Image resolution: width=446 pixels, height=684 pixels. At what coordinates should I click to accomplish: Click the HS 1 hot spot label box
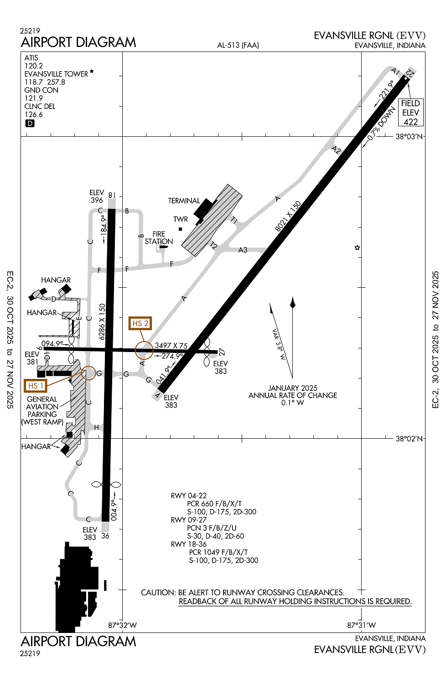(x=36, y=386)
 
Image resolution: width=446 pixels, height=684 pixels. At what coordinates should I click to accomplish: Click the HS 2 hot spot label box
(x=140, y=323)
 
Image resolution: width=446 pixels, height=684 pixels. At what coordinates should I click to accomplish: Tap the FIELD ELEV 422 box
(x=410, y=112)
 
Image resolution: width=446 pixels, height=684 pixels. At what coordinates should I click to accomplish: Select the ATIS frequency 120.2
(x=34, y=66)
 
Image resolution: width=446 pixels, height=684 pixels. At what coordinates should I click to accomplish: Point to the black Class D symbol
(x=30, y=124)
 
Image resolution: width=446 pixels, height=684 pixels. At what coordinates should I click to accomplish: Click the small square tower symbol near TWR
(x=180, y=229)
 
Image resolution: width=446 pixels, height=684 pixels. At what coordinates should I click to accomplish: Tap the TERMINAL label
(x=184, y=201)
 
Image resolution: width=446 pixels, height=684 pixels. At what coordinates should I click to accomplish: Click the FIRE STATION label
(x=159, y=238)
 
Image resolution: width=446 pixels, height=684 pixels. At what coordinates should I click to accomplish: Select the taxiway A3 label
(x=243, y=250)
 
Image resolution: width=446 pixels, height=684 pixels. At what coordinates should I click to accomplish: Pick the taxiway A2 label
(x=336, y=150)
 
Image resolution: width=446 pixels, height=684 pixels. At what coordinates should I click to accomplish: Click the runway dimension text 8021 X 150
(x=288, y=216)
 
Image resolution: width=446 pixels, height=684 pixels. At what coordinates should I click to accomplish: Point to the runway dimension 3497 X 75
(x=171, y=345)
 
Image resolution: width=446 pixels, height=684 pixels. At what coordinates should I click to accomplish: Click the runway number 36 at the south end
(x=105, y=536)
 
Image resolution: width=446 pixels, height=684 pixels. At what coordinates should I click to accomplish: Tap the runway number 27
(x=222, y=352)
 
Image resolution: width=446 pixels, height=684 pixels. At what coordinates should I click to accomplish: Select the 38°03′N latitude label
(x=409, y=136)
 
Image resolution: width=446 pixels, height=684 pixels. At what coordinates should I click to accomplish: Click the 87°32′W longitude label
(x=123, y=625)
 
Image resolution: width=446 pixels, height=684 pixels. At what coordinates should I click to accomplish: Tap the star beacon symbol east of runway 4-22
(x=357, y=248)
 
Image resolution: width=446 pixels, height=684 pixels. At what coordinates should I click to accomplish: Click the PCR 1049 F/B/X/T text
(x=218, y=552)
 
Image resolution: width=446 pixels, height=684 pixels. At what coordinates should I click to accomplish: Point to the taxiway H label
(x=97, y=428)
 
